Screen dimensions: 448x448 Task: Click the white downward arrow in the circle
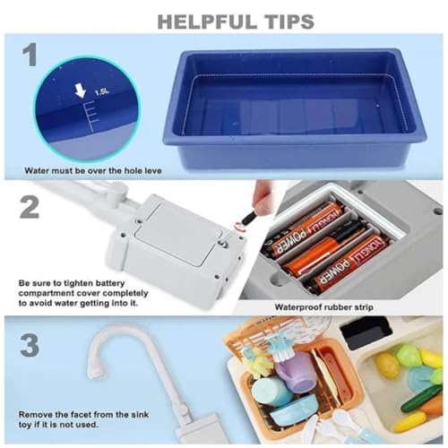coord(80,90)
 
